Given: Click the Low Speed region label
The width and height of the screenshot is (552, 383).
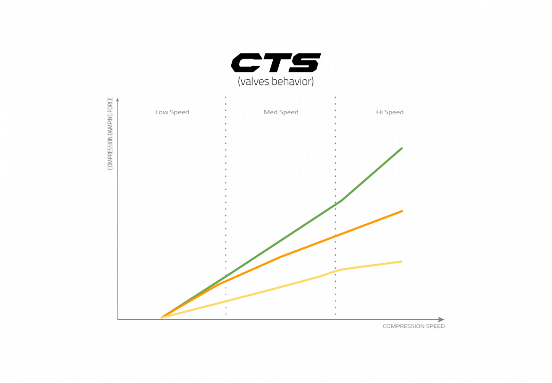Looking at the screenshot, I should pyautogui.click(x=172, y=112).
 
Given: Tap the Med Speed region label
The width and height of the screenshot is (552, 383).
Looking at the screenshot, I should pyautogui.click(x=281, y=112).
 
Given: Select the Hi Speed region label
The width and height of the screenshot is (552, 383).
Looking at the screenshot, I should pyautogui.click(x=390, y=112).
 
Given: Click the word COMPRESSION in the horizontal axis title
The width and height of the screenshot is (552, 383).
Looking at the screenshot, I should pyautogui.click(x=404, y=326).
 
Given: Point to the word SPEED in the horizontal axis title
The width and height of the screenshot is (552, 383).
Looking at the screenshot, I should pyautogui.click(x=435, y=326).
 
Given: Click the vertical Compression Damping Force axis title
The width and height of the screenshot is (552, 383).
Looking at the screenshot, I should pyautogui.click(x=110, y=133).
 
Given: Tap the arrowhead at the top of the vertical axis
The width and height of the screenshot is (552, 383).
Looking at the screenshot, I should pyautogui.click(x=117, y=99).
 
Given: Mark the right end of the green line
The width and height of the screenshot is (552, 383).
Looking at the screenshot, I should pyautogui.click(x=402, y=148).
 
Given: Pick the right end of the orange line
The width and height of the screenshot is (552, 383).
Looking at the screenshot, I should pyautogui.click(x=402, y=211).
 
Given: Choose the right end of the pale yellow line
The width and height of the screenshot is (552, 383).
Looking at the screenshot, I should pyautogui.click(x=402, y=261).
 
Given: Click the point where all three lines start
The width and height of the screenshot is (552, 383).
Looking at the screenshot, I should pyautogui.click(x=161, y=318).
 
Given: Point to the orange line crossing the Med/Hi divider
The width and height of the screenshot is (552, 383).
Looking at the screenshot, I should pyautogui.click(x=335, y=235).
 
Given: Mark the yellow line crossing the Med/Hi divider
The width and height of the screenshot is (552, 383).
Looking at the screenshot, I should pyautogui.click(x=335, y=271).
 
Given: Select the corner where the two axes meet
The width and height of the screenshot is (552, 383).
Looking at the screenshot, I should pyautogui.click(x=117, y=319).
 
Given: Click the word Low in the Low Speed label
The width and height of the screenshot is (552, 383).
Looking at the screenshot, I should pyautogui.click(x=162, y=112).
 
